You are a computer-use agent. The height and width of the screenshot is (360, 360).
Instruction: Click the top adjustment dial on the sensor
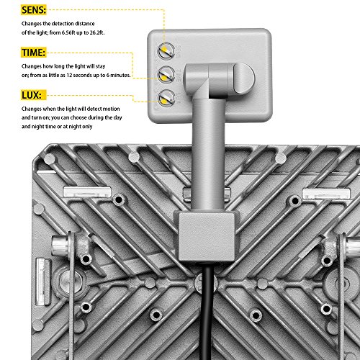pos(166,50)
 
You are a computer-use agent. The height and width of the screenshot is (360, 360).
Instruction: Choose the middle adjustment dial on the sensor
pos(166,73)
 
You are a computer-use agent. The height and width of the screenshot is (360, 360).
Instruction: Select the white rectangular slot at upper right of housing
pos(324,193)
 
